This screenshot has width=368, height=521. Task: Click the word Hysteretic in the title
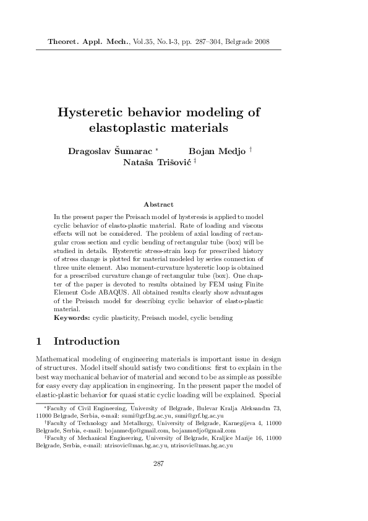[x=93, y=113]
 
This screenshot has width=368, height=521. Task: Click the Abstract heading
[x=158, y=204]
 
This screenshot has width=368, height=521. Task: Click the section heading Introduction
[x=87, y=342]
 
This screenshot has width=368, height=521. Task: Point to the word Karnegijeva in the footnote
[x=238, y=423]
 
